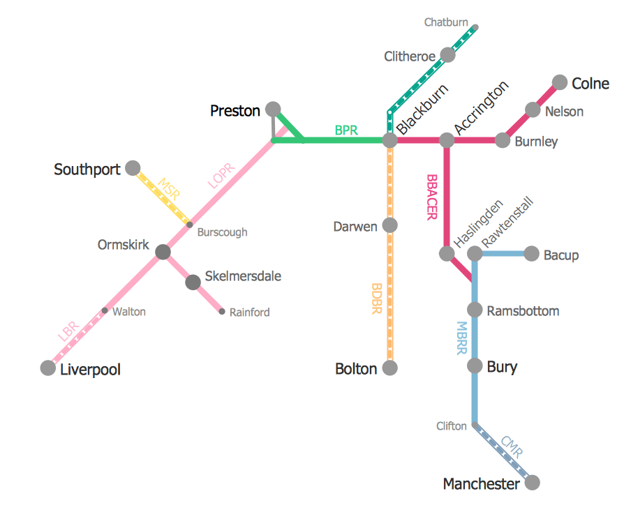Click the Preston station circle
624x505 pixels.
pos(273,110)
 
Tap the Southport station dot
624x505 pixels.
pos(133,168)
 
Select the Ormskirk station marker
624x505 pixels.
pos(163,252)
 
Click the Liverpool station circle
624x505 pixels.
pos(47,368)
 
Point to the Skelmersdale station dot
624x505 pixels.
pos(193,282)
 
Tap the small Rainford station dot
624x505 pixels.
pos(222,312)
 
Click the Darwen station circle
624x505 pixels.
pos(390,225)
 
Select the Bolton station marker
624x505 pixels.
pos(390,368)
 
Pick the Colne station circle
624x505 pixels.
pos(560,83)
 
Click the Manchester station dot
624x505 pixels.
pos(532,483)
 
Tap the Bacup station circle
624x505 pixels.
pos(530,254)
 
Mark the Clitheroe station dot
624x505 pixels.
pos(447,55)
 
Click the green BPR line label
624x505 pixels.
pos(346,130)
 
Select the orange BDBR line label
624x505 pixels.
pos(377,299)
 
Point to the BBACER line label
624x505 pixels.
pos(431,197)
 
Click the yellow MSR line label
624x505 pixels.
pos(169,190)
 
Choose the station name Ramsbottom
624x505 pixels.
pos(523,311)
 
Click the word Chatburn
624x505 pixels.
pos(446,22)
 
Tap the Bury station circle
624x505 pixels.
pos(475,366)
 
